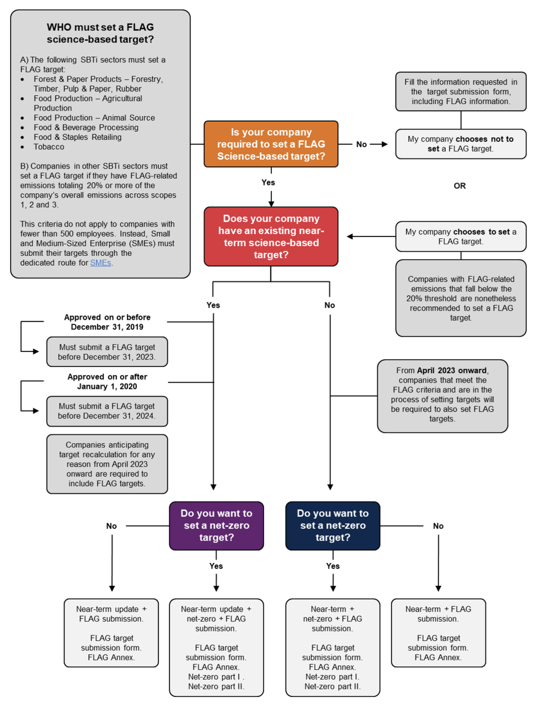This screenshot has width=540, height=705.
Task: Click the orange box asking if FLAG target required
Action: click(x=271, y=144)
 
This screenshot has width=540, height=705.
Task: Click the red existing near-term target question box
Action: click(x=271, y=237)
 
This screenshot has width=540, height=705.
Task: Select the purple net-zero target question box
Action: click(x=216, y=526)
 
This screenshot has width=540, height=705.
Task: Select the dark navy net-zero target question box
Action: click(x=333, y=526)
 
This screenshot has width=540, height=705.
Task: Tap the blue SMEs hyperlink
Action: click(x=100, y=263)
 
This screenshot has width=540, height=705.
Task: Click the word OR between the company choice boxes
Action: click(x=459, y=186)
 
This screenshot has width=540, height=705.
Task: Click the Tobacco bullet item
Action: click(x=49, y=147)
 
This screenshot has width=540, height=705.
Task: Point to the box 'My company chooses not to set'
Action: click(x=460, y=144)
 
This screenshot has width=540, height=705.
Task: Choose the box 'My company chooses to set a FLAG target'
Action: click(x=460, y=237)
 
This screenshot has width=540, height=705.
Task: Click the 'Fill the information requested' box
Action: click(x=460, y=91)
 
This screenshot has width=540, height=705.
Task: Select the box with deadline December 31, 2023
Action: click(x=107, y=352)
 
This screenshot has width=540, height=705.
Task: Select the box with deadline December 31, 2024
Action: click(x=107, y=411)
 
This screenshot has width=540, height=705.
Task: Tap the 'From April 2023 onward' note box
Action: click(x=442, y=395)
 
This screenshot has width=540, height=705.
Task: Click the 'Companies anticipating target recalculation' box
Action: click(x=107, y=464)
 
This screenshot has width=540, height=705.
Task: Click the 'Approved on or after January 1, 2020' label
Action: click(x=107, y=381)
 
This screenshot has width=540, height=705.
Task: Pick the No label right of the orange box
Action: click(x=361, y=144)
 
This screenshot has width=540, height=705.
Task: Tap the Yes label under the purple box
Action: click(x=216, y=566)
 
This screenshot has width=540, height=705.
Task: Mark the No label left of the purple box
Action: click(x=111, y=526)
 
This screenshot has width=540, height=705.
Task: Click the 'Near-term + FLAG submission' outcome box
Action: click(x=438, y=633)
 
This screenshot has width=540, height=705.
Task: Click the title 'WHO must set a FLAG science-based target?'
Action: click(x=100, y=33)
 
